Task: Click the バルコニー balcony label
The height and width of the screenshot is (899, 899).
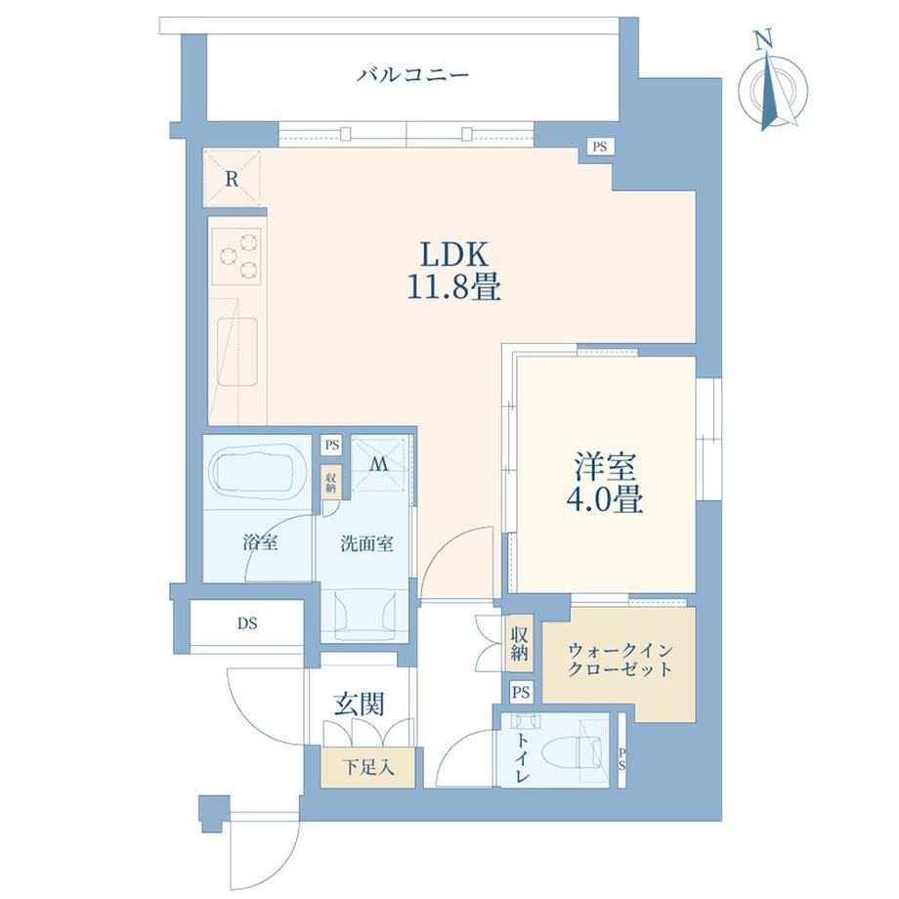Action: click(412, 75)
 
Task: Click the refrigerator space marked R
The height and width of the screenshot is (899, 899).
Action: click(233, 178)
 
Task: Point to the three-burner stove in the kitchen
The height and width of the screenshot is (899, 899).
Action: click(236, 256)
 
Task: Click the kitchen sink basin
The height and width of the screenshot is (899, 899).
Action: click(236, 351)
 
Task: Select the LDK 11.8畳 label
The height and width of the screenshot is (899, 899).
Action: click(454, 270)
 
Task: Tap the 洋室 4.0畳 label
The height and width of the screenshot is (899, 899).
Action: click(606, 483)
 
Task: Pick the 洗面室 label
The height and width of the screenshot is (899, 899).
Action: click(367, 543)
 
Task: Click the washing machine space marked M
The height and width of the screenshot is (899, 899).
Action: click(378, 464)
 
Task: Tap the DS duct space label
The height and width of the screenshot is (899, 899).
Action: click(247, 623)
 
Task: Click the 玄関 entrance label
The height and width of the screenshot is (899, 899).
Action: click(360, 705)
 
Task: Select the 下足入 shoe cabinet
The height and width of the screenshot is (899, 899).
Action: click(367, 767)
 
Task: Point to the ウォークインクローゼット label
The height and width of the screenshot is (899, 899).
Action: click(620, 660)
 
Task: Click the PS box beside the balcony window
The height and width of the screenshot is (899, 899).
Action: click(600, 147)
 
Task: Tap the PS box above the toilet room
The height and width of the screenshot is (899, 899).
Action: click(521, 692)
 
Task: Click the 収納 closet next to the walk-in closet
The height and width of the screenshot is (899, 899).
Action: click(520, 643)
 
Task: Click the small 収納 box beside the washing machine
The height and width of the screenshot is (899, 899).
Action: click(331, 482)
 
